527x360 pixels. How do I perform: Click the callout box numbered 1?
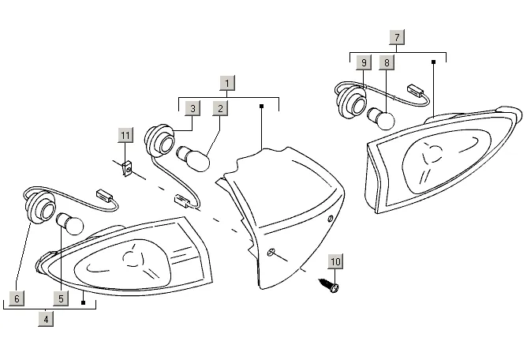[x=227, y=83]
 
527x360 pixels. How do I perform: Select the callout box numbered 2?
[x=221, y=108]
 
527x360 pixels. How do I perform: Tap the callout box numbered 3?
[x=192, y=108]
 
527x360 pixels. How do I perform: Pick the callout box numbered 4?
[x=47, y=320]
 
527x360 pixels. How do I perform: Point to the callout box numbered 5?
[x=60, y=298]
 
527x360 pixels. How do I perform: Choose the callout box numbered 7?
[x=397, y=37]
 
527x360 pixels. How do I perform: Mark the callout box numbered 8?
[x=387, y=62]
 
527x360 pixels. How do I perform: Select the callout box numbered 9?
[x=363, y=62]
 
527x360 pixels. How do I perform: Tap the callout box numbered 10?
[x=335, y=261]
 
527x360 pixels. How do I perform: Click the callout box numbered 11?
[x=125, y=135]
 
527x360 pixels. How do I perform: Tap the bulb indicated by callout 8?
[x=382, y=119]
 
